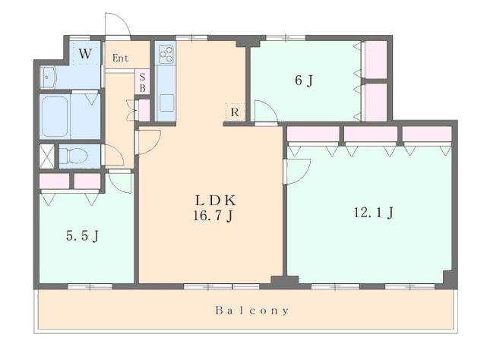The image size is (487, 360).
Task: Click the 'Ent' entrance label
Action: [x=120, y=58]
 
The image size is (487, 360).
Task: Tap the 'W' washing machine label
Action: [x=85, y=54]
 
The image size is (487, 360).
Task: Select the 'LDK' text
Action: [x=216, y=201]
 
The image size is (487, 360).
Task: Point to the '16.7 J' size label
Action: [x=213, y=216]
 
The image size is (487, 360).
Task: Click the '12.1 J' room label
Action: [x=374, y=213]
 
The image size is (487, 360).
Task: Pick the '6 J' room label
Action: [x=304, y=81]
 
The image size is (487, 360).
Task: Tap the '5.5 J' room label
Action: [x=82, y=235]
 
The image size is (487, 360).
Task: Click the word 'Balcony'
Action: [x=252, y=311]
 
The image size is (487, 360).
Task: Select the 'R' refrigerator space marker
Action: [x=235, y=112]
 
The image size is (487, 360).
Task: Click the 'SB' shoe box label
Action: [x=142, y=82]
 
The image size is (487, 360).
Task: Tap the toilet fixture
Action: [x=73, y=155]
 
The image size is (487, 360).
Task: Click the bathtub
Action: [x=55, y=116]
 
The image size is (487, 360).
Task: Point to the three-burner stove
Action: [x=166, y=54]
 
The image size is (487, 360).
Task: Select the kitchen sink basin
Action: [x=167, y=103]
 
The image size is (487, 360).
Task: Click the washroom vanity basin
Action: [x=48, y=77]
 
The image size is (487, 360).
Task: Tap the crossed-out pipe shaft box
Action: [x=47, y=156]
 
